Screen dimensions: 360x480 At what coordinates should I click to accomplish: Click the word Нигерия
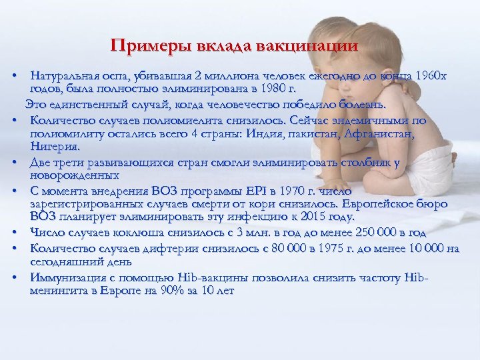(x=55, y=146)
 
